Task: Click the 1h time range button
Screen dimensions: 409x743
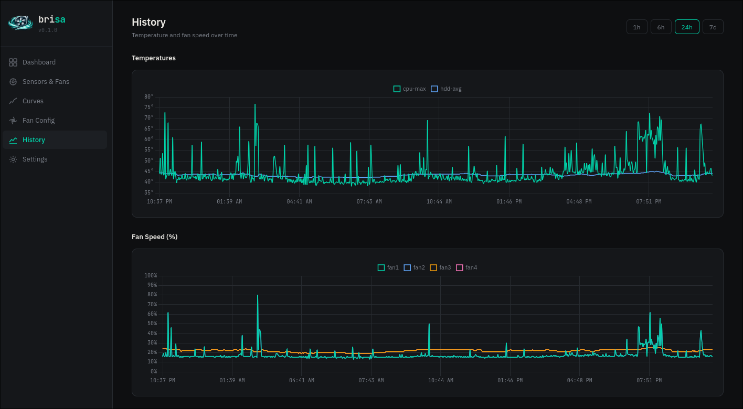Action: click(636, 27)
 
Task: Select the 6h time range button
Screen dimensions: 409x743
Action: click(661, 27)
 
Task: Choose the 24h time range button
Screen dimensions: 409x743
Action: click(687, 27)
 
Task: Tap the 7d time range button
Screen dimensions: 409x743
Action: click(713, 27)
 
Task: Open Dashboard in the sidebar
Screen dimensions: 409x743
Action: click(39, 62)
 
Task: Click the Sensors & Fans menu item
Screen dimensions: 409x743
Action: click(46, 82)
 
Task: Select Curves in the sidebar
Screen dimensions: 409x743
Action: click(33, 101)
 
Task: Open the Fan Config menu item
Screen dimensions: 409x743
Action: click(38, 121)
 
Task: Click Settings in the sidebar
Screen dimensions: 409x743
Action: click(35, 159)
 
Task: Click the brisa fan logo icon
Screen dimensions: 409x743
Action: click(20, 22)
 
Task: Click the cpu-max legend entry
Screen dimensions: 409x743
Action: click(409, 89)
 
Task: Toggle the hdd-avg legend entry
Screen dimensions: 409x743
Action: click(446, 89)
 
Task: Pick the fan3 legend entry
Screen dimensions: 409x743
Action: click(440, 268)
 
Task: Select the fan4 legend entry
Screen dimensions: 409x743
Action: click(466, 268)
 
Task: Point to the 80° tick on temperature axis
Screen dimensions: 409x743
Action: click(149, 97)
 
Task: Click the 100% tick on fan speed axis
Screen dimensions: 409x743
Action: click(151, 276)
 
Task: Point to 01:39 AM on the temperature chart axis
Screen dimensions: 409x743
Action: click(229, 201)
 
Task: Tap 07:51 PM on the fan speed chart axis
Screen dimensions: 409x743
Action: click(649, 380)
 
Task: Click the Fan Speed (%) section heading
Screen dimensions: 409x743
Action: click(154, 237)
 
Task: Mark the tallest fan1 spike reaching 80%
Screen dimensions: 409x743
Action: click(258, 296)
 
